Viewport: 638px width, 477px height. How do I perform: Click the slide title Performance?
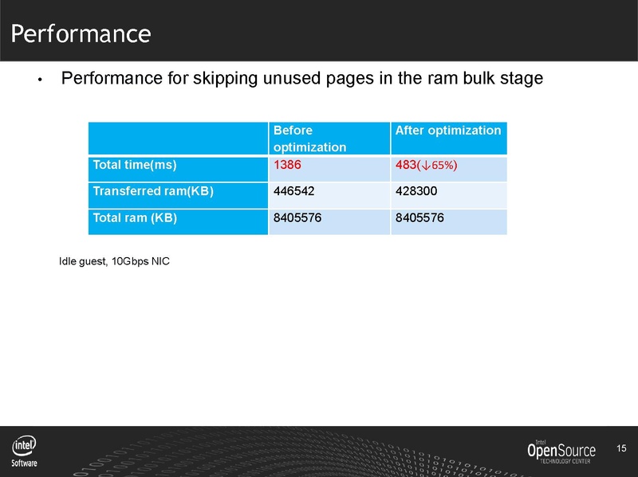(81, 33)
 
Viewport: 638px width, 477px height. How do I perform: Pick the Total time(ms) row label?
(135, 166)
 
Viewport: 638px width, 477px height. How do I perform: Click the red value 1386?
(286, 165)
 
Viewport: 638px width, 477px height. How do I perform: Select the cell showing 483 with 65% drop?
(426, 165)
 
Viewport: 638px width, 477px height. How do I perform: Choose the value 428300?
(415, 191)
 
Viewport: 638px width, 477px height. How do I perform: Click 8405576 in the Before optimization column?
(297, 217)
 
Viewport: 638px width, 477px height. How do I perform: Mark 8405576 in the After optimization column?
(419, 217)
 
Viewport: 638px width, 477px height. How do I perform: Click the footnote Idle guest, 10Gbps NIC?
(114, 262)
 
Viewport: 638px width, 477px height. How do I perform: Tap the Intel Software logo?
(24, 452)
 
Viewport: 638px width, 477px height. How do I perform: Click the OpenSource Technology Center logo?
(561, 452)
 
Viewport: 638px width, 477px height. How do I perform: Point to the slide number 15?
(623, 449)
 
